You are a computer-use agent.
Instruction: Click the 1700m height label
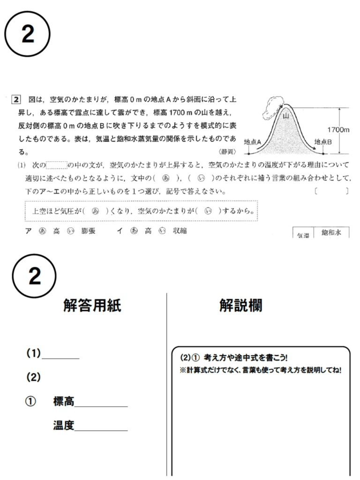tap(339, 130)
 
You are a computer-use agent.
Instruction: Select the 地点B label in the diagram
tap(323, 141)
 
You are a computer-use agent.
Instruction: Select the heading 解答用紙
tap(92, 306)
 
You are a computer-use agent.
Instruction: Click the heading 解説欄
tap(241, 306)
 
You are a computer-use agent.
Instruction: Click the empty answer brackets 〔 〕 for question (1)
tap(331, 191)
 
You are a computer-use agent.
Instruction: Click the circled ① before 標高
tap(31, 402)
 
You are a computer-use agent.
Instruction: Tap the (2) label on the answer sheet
tap(33, 377)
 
